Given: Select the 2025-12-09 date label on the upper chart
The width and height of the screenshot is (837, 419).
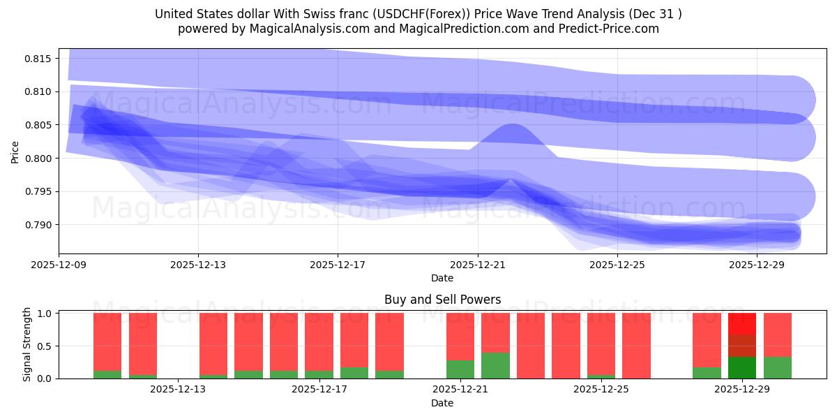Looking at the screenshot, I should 59,265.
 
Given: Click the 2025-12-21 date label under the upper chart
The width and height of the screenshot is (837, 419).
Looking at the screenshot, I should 478,265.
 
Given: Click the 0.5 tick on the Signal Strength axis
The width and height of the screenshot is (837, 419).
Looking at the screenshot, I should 45,346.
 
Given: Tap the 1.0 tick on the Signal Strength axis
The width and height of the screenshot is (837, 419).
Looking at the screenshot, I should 45,314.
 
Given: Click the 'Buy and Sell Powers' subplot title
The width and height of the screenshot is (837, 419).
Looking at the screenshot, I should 442,300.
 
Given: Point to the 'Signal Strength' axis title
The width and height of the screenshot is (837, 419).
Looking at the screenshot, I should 27,344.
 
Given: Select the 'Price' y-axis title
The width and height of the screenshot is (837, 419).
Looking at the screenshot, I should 15,151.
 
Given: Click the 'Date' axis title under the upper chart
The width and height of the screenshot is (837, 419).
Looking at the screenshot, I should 442,278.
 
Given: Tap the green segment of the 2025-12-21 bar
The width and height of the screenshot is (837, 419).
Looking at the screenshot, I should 495,365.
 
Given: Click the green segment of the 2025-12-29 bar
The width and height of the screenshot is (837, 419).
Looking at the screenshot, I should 741,367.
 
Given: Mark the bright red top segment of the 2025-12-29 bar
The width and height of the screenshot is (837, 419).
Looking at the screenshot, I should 741,323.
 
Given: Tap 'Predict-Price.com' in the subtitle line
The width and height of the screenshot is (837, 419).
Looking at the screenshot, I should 605,29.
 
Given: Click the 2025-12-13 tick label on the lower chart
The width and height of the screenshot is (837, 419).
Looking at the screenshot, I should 179,390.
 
